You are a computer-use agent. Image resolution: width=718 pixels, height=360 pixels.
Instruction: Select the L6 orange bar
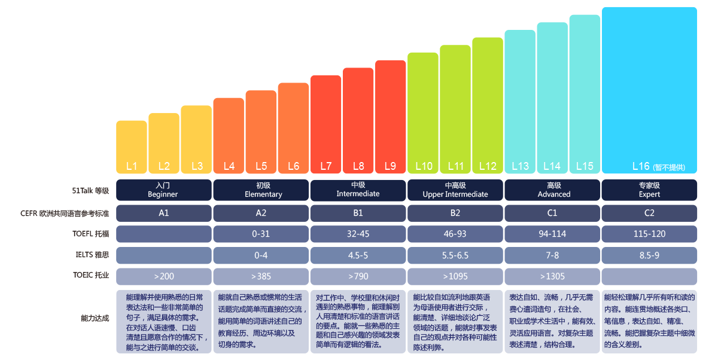point(293,128)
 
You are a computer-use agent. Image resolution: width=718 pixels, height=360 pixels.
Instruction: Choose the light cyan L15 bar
point(585,93)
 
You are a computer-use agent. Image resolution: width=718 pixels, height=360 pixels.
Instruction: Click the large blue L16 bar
point(649,90)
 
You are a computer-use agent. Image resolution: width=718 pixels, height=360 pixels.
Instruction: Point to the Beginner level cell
point(163,190)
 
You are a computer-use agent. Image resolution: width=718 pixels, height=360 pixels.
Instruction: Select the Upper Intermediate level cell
point(455,190)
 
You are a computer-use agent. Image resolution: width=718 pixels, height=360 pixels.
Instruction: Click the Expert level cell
point(649,190)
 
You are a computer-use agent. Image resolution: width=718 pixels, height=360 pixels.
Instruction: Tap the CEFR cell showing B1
point(358,213)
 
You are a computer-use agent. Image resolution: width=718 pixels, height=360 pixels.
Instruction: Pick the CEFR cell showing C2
point(649,213)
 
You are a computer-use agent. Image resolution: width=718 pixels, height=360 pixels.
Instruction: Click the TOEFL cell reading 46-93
point(455,234)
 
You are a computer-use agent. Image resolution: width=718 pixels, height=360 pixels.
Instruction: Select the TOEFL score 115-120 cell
point(649,234)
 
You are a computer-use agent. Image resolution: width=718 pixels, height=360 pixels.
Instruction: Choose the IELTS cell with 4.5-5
point(358,255)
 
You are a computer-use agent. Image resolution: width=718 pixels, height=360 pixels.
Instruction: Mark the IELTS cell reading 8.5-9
point(649,255)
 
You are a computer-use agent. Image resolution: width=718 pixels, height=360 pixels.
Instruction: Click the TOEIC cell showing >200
point(163,276)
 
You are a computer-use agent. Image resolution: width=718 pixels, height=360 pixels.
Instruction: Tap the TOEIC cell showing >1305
point(552,276)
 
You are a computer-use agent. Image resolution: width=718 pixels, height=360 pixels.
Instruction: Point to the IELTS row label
point(91,255)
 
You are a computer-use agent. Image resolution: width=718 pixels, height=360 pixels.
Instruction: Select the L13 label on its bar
point(520,166)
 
